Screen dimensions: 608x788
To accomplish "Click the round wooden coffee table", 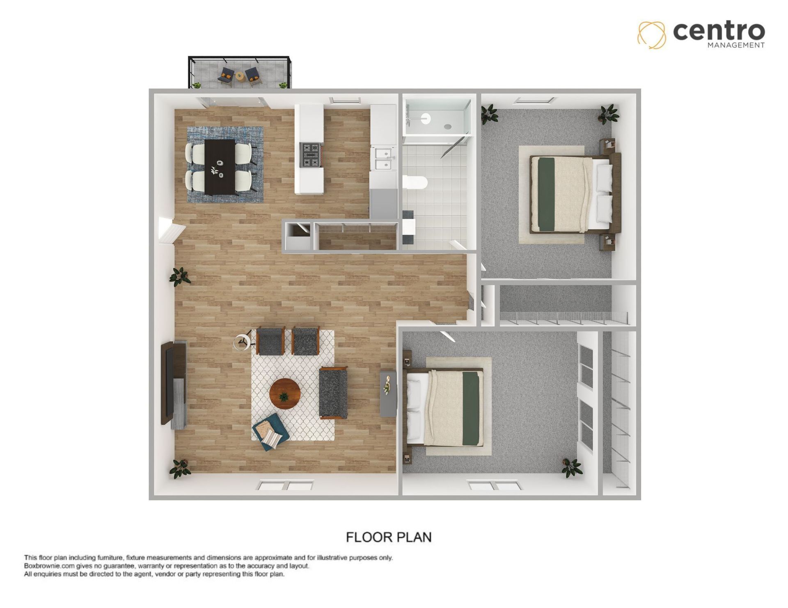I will pos(285,394).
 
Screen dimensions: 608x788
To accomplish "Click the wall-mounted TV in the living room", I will pos(167,383).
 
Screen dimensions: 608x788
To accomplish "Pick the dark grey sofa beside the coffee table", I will pos(333,393).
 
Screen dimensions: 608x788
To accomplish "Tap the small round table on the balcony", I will pos(239,76).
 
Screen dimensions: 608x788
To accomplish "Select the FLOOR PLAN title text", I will pos(389,537).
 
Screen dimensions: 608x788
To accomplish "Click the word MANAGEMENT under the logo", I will pos(736,45).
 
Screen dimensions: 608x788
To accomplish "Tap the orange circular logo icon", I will pos(651,35).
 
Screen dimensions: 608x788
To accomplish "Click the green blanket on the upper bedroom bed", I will pos(546,194).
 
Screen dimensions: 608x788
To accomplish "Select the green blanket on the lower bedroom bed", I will pos(471,408).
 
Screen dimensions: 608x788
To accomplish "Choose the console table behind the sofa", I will pos(388,394).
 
